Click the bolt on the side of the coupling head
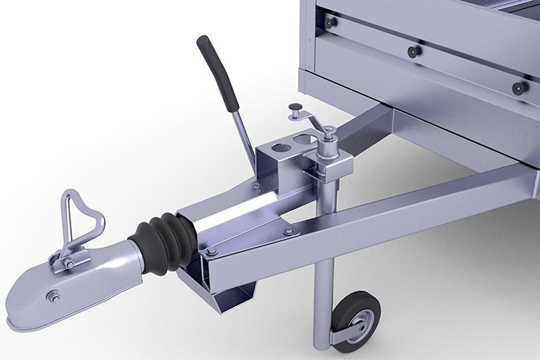pos(53,295)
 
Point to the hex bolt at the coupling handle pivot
pos(68,263)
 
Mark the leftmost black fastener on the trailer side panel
pos(330,22)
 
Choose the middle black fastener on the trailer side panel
pos(413,52)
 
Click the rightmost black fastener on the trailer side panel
pos(518,87)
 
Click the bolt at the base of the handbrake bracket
pos(256,187)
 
